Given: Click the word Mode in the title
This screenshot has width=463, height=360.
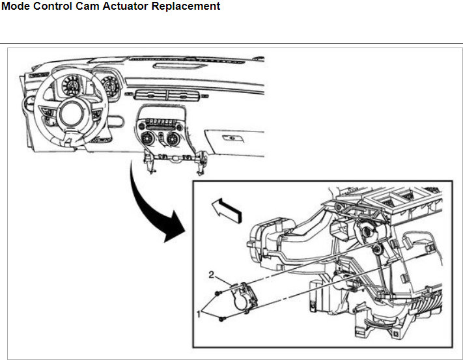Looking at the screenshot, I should click(x=18, y=7).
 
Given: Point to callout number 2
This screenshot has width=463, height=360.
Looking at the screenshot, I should click(x=212, y=275).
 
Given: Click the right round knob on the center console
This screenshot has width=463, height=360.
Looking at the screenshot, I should click(x=173, y=139).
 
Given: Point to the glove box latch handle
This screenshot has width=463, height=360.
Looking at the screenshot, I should click(x=231, y=138).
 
